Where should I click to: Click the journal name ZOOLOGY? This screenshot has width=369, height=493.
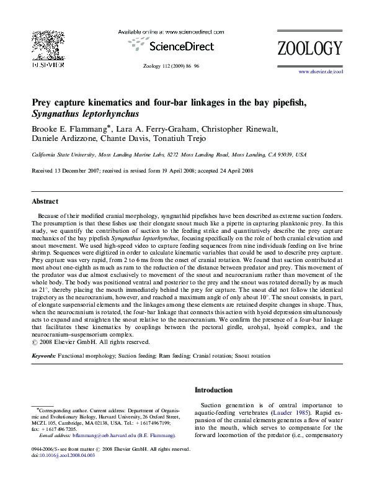click(x=309, y=48)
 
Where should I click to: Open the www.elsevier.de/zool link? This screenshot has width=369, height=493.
click(x=321, y=72)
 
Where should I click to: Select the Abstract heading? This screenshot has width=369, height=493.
click(x=45, y=201)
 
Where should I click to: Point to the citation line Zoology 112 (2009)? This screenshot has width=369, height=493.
click(x=162, y=65)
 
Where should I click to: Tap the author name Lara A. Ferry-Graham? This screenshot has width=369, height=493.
click(x=149, y=129)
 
